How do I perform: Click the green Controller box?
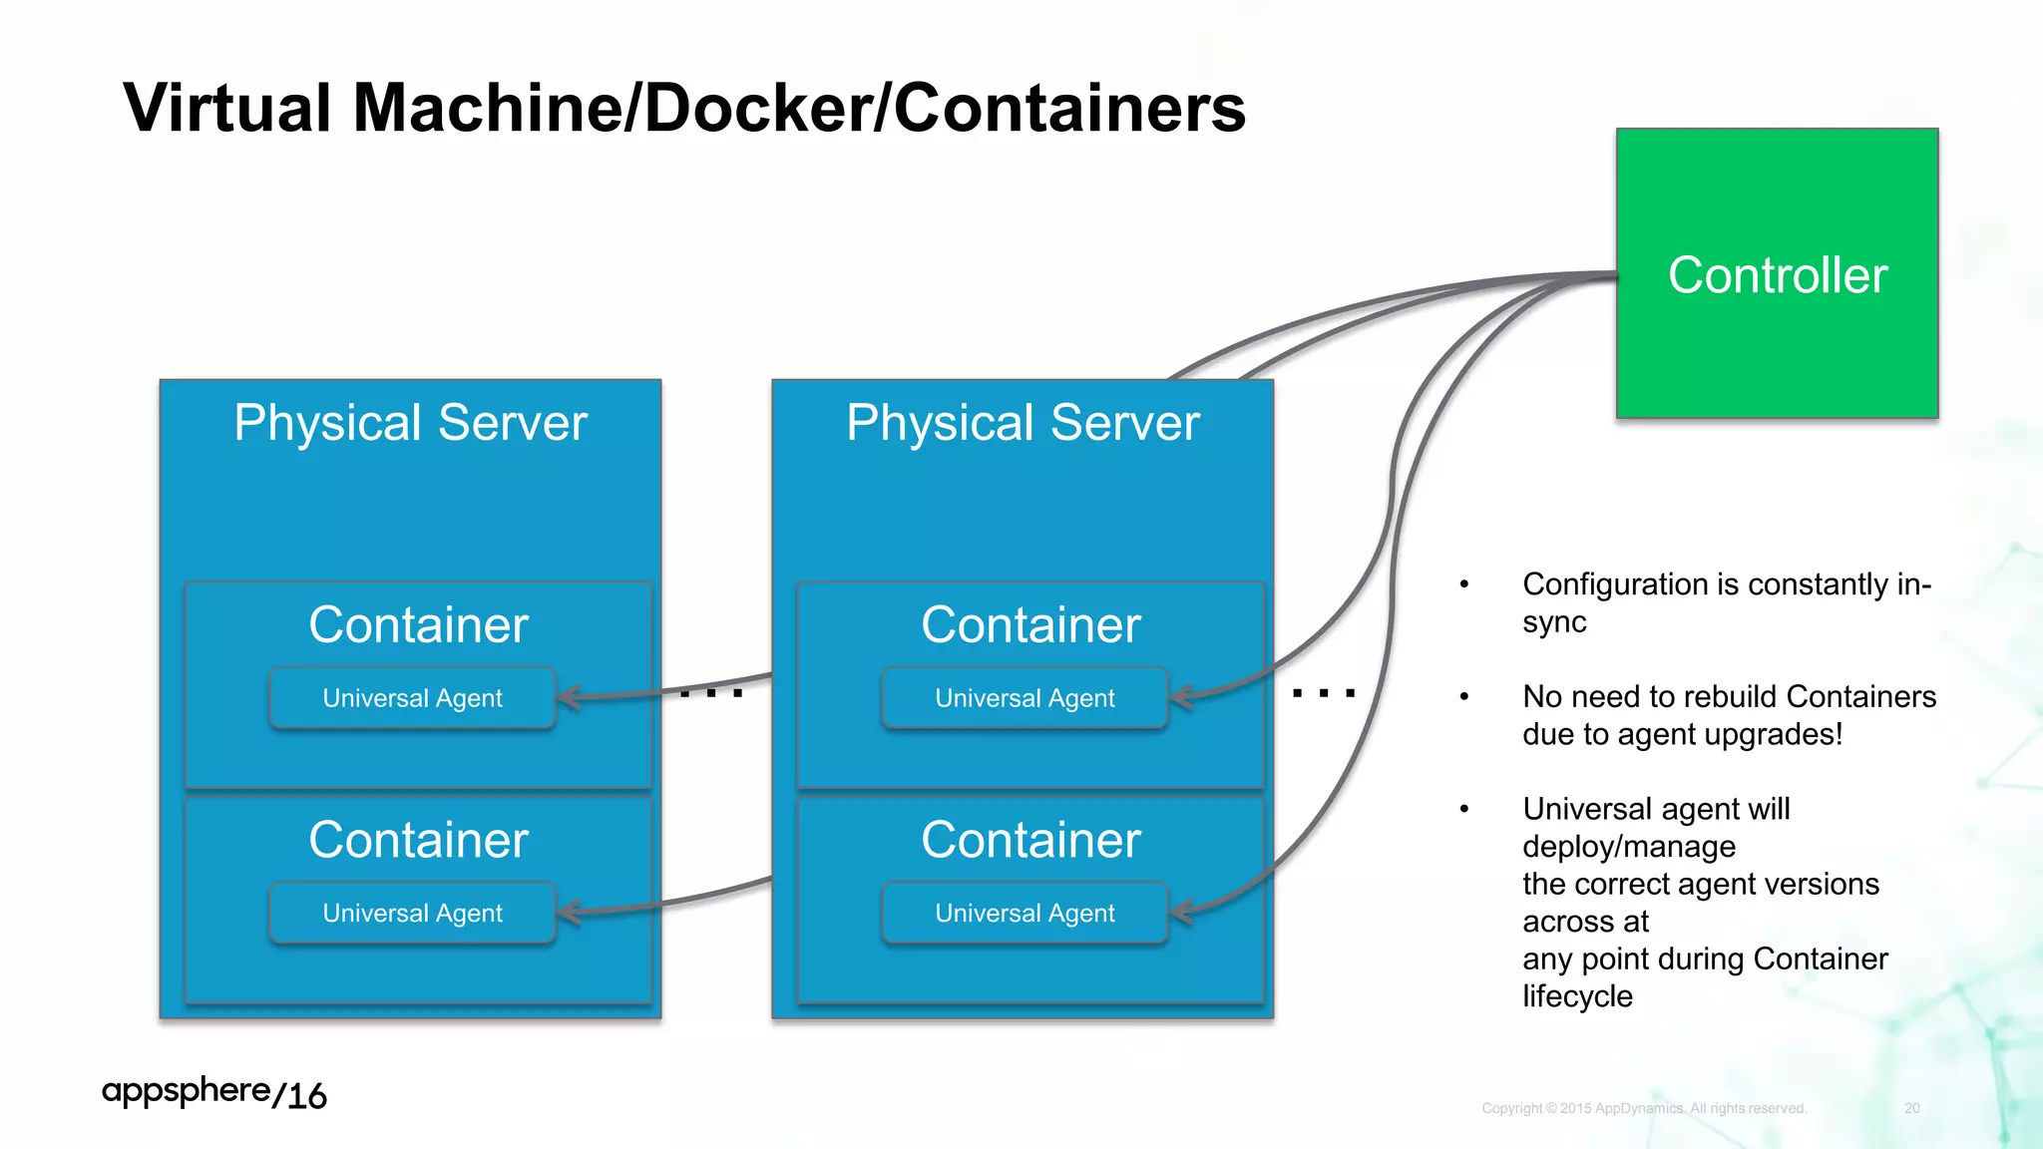(1777, 273)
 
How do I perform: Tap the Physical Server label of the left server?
(410, 423)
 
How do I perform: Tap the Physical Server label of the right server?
(1022, 423)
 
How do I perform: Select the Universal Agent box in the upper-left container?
(412, 698)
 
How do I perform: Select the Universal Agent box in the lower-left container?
(412, 913)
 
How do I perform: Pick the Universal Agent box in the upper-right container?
(1024, 698)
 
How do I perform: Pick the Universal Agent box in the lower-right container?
(1024, 913)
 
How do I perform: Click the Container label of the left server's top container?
(418, 625)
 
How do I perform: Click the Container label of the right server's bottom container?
(1030, 840)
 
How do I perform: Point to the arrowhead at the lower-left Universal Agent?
(568, 911)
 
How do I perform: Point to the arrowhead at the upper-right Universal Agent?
(1180, 696)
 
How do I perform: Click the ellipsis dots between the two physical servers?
(711, 692)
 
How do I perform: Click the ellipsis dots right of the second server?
(1324, 692)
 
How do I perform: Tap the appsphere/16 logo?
(213, 1093)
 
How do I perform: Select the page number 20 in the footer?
(1911, 1108)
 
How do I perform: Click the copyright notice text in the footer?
(1644, 1108)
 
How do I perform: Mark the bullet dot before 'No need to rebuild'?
(1464, 697)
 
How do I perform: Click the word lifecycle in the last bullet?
(1577, 996)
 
